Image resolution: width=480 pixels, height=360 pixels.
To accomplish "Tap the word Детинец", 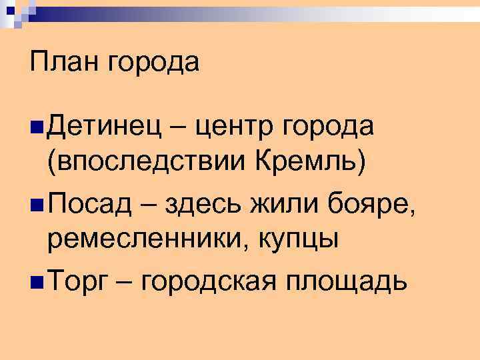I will point(105,125).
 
